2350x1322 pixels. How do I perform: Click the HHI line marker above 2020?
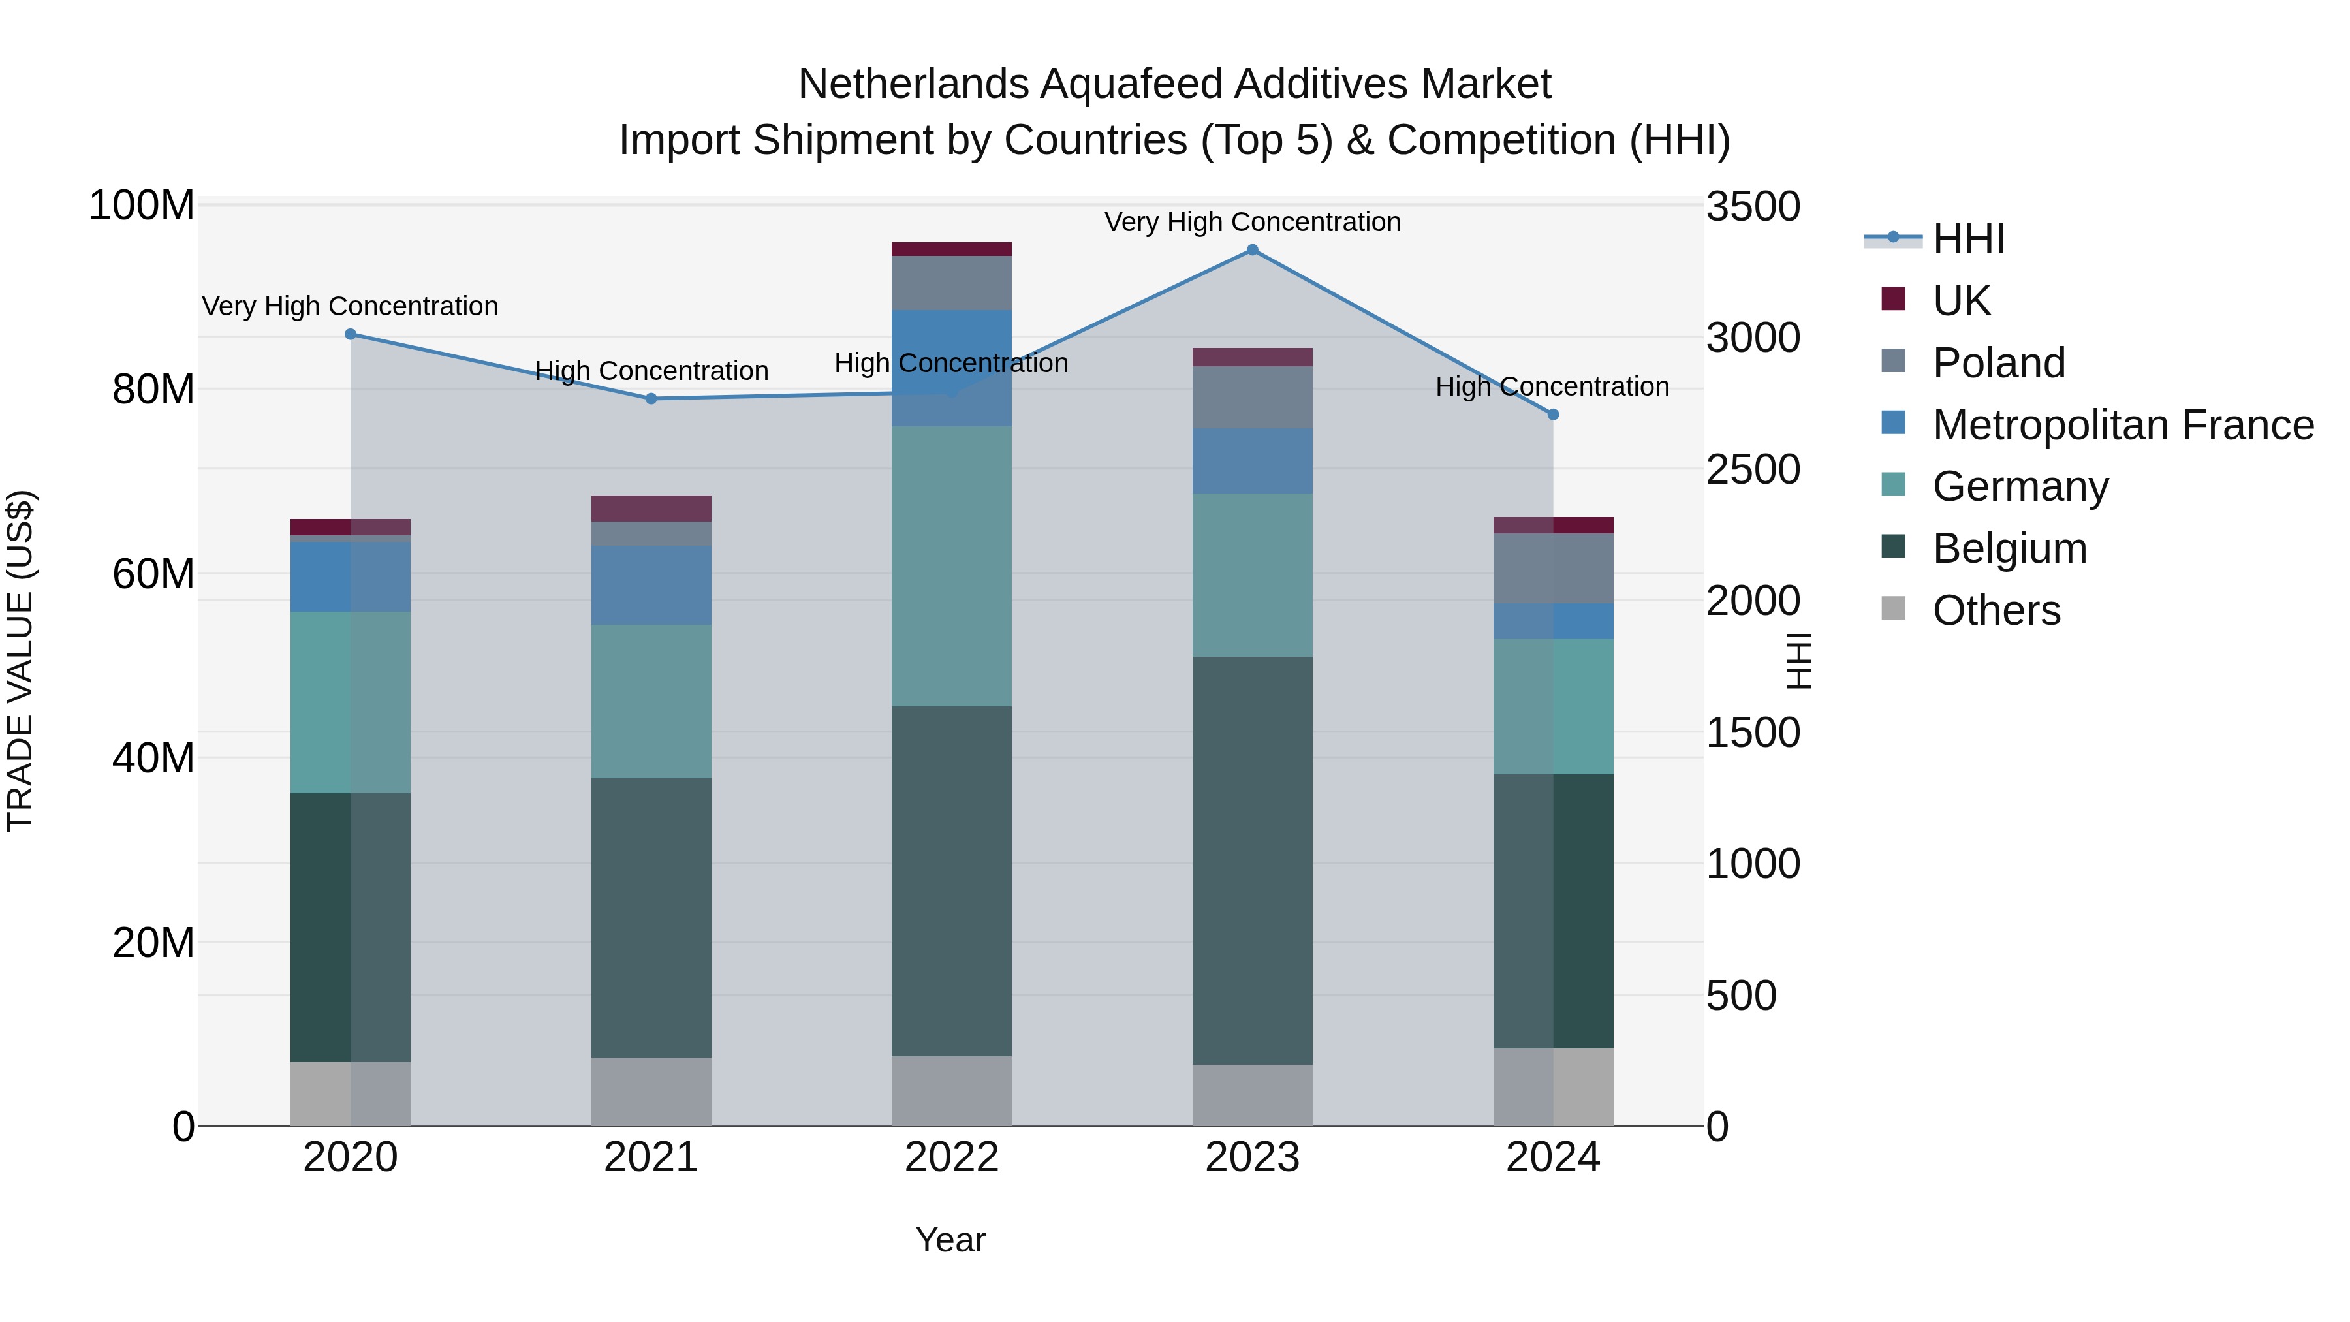[x=351, y=334]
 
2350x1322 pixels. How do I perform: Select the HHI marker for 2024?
[x=1553, y=414]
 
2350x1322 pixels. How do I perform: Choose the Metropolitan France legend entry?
[x=2122, y=425]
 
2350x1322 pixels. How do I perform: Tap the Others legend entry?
[x=1996, y=610]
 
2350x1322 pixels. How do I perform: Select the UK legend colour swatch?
[x=1893, y=299]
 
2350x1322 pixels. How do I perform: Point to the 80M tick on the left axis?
[x=153, y=390]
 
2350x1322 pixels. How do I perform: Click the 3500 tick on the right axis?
[x=1753, y=206]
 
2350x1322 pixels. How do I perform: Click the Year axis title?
[x=950, y=1240]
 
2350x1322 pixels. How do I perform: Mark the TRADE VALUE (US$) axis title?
[x=20, y=661]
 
